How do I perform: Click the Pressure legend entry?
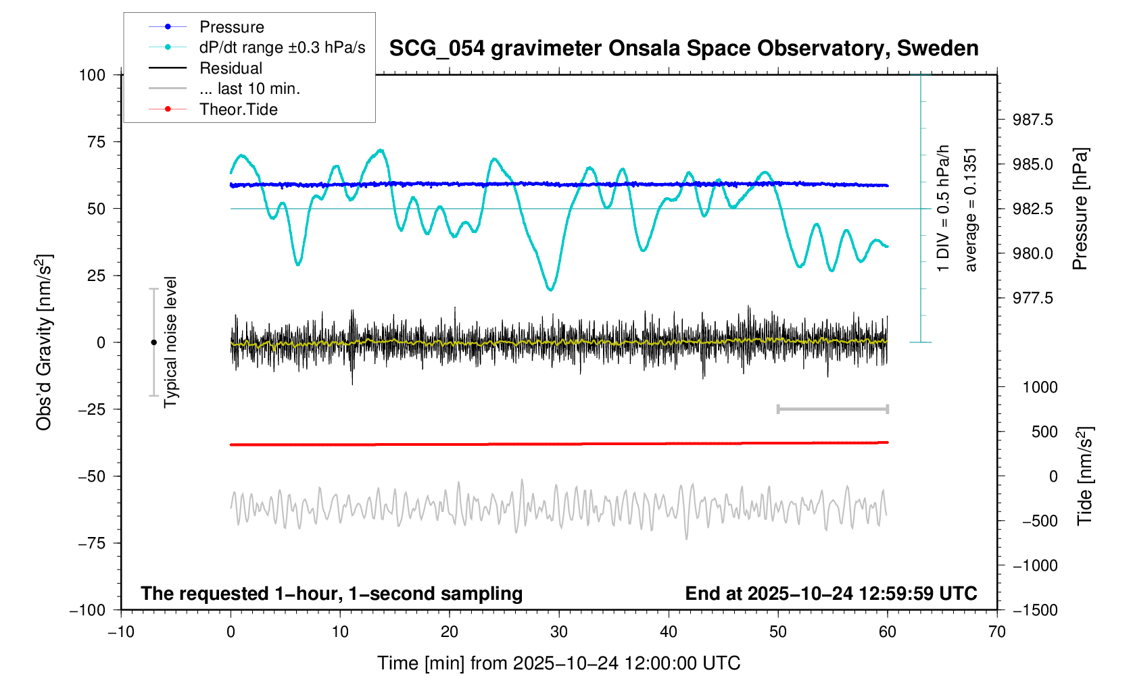click(231, 27)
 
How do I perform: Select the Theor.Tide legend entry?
click(238, 109)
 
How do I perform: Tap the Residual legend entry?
click(231, 68)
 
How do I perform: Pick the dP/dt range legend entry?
click(282, 47)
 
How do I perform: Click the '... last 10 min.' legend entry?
click(249, 88)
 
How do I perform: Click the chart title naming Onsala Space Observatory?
click(683, 49)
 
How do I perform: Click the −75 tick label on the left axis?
click(92, 543)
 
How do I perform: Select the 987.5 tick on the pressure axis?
click(1032, 120)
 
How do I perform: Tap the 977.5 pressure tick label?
click(1032, 299)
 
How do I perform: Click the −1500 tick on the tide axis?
click(1035, 610)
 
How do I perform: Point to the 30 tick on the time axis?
click(559, 632)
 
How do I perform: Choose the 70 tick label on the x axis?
click(996, 632)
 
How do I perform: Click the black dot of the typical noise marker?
click(153, 342)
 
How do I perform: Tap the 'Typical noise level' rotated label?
click(170, 342)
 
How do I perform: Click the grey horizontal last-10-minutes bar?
click(832, 409)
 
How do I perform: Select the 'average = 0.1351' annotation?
click(971, 209)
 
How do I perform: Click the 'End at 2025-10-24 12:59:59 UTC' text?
click(831, 594)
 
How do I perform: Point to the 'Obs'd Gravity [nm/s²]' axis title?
click(45, 342)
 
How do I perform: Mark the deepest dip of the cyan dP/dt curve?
click(550, 290)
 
